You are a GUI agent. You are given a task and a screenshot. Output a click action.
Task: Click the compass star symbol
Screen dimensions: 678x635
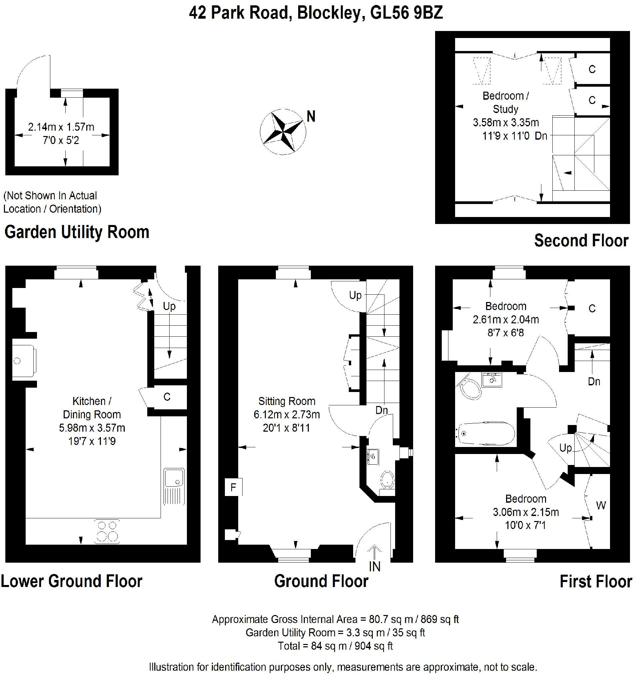[283, 132]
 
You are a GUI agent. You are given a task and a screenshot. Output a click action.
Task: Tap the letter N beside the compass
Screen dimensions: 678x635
[311, 117]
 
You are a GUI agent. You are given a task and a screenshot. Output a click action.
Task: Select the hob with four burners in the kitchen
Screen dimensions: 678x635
[107, 531]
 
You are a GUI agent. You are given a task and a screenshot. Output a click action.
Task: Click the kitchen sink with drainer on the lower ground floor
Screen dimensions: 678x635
[174, 486]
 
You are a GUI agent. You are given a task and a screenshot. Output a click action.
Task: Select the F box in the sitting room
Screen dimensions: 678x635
[234, 487]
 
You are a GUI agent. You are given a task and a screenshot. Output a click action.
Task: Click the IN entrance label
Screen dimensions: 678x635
[374, 566]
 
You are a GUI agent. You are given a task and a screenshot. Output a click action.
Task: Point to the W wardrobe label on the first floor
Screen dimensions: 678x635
[601, 505]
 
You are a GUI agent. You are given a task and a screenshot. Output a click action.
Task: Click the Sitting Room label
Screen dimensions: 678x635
[287, 401]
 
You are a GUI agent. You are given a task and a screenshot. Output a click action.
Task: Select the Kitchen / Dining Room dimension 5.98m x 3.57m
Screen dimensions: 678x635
[92, 428]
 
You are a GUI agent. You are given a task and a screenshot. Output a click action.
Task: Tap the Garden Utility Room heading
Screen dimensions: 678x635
[77, 232]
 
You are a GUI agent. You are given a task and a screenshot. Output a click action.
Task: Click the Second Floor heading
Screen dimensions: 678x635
[581, 240]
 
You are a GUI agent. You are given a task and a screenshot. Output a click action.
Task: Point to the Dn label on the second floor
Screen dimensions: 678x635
[541, 136]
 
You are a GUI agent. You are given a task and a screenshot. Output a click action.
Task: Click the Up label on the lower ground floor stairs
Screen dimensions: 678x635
[169, 306]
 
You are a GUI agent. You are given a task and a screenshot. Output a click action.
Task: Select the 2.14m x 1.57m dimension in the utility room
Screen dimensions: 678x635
[61, 127]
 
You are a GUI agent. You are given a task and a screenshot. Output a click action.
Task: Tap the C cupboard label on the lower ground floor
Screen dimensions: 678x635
[167, 397]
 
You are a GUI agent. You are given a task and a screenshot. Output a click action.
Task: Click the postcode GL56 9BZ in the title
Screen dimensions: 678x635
[406, 13]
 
